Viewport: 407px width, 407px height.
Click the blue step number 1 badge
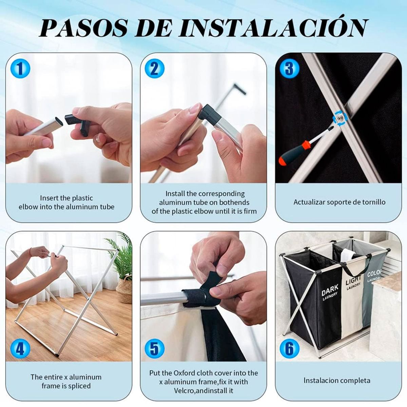click(20, 69)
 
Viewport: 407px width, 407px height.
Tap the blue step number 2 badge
click(155, 69)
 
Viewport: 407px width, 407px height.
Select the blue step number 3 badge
click(289, 69)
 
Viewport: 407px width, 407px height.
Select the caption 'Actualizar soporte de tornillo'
click(339, 202)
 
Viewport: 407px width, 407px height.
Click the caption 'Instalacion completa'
click(337, 381)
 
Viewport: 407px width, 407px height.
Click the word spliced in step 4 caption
click(79, 386)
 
